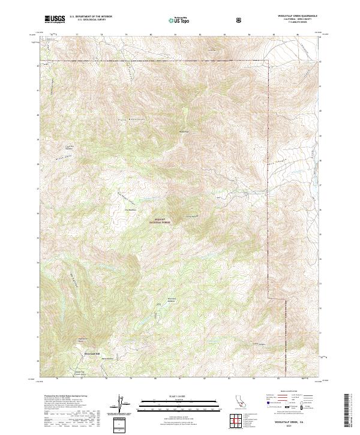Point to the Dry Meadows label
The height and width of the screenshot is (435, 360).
pyautogui.click(x=131, y=209)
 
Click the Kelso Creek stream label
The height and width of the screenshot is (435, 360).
pyautogui.click(x=274, y=161)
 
